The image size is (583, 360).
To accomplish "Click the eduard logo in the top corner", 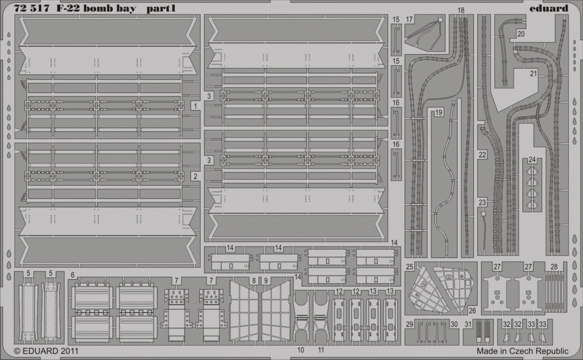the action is pyautogui.click(x=552, y=8).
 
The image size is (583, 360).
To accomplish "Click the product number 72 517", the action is pyautogui.click(x=31, y=9).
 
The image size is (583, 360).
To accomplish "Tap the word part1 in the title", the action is pyautogui.click(x=161, y=9).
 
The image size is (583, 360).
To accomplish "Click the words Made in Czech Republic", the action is pyautogui.click(x=522, y=351).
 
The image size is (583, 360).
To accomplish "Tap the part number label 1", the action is pyautogui.click(x=195, y=106).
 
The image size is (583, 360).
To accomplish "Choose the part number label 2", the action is pyautogui.click(x=195, y=177).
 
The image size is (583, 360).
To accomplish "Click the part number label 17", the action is pyautogui.click(x=409, y=19).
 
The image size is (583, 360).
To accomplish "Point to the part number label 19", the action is pyautogui.click(x=439, y=112).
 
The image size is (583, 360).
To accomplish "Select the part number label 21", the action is pyautogui.click(x=533, y=73).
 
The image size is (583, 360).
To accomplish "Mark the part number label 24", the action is pyautogui.click(x=532, y=160).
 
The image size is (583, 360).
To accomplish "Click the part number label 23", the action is pyautogui.click(x=482, y=203).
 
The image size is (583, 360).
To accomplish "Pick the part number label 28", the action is pyautogui.click(x=554, y=267).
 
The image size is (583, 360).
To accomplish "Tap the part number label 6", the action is pyautogui.click(x=72, y=276).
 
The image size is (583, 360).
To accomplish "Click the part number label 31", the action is pyautogui.click(x=468, y=324).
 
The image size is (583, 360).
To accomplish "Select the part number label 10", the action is pyautogui.click(x=301, y=350).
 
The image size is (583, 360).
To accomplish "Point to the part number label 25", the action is pyautogui.click(x=410, y=267).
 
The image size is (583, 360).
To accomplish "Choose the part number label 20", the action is pyautogui.click(x=521, y=34).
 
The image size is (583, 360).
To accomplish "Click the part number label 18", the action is pyautogui.click(x=461, y=10).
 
